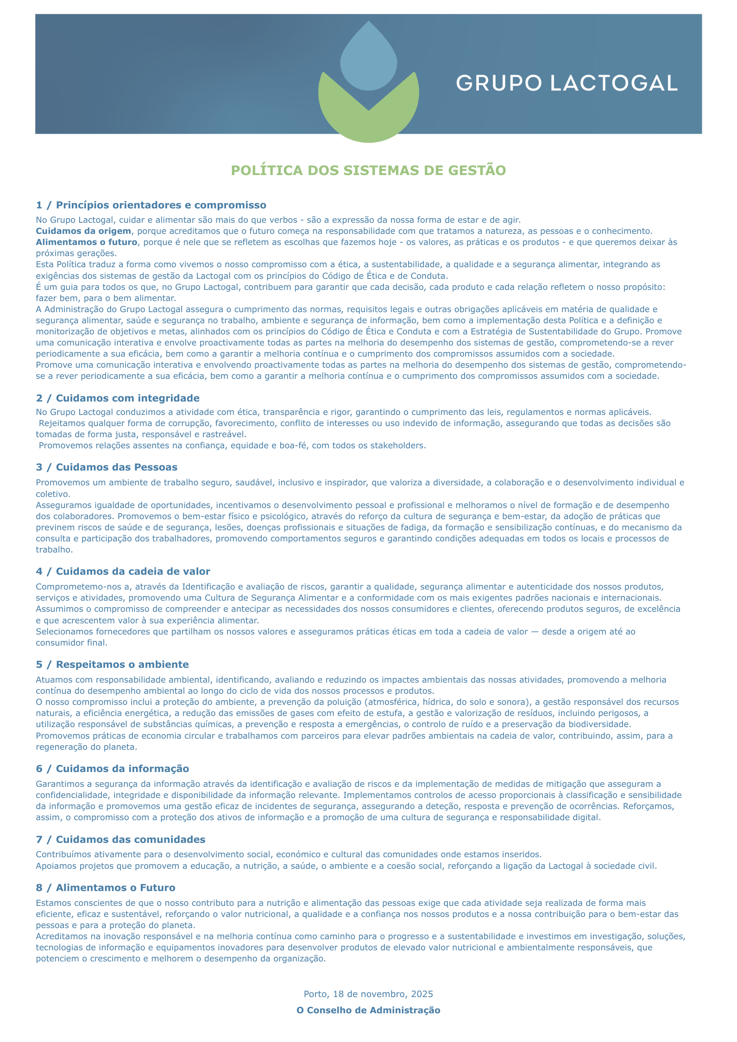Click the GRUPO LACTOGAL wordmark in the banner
pyautogui.click(x=567, y=83)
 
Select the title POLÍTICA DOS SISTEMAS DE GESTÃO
pyautogui.click(x=368, y=170)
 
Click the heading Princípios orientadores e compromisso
pyautogui.click(x=161, y=205)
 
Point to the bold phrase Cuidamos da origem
pyautogui.click(x=83, y=231)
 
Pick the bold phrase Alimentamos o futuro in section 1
pyautogui.click(x=87, y=242)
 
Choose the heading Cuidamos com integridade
pyautogui.click(x=127, y=398)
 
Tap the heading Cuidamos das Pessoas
pyautogui.click(x=116, y=467)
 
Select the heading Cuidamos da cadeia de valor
pyautogui.click(x=133, y=571)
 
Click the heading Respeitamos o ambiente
pyautogui.click(x=122, y=665)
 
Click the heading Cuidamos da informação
pyautogui.click(x=122, y=769)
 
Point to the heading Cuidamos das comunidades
pyautogui.click(x=130, y=840)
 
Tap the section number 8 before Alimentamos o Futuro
pyautogui.click(x=39, y=888)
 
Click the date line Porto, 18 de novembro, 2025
pyautogui.click(x=368, y=994)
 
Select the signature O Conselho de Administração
pyautogui.click(x=368, y=1010)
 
